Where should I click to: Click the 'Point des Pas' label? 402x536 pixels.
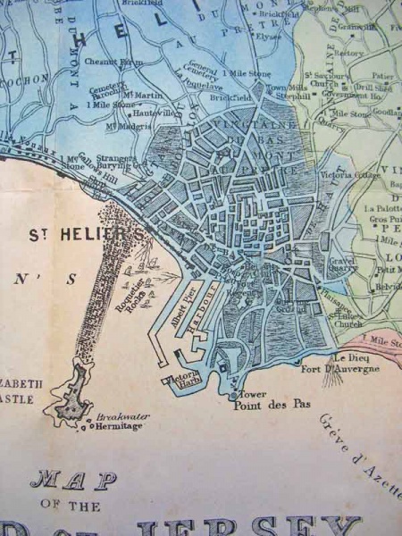(272, 404)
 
